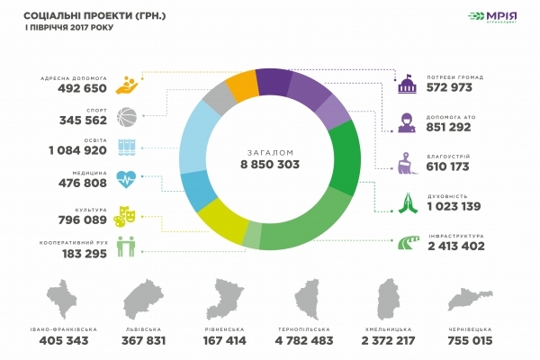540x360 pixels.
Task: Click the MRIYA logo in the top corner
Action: (492, 18)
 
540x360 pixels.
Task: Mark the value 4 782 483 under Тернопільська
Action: (312, 343)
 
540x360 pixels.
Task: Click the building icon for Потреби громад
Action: (406, 85)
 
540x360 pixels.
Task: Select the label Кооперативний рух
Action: (75, 242)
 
